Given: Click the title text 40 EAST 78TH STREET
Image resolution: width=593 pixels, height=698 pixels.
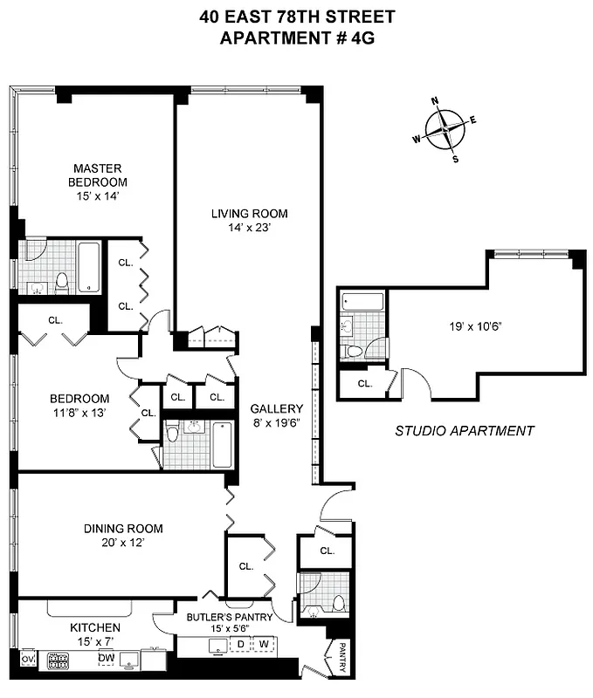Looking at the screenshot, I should pyautogui.click(x=296, y=17).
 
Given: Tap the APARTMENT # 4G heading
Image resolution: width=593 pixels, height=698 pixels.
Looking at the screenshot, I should pyautogui.click(x=296, y=38).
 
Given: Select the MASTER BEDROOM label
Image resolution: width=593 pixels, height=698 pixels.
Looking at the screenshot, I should pyautogui.click(x=98, y=174).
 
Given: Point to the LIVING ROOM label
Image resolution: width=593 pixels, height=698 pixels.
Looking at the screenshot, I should pyautogui.click(x=249, y=213).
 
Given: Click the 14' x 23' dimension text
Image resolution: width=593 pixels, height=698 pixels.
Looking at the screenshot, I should pyautogui.click(x=249, y=229).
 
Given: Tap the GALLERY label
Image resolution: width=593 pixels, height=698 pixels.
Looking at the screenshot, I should pyautogui.click(x=276, y=408).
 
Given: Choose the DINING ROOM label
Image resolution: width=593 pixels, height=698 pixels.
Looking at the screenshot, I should pyautogui.click(x=123, y=528).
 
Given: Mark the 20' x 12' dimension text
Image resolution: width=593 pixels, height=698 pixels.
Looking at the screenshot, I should pyautogui.click(x=123, y=543).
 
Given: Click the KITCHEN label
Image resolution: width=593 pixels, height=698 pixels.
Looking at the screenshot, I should pyautogui.click(x=95, y=627).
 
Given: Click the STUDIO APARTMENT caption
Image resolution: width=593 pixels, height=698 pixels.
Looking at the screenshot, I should pyautogui.click(x=464, y=430).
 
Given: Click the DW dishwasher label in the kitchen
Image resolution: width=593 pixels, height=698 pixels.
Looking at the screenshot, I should pyautogui.click(x=106, y=658).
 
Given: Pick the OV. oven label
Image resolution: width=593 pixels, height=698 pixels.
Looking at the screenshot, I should pyautogui.click(x=27, y=659).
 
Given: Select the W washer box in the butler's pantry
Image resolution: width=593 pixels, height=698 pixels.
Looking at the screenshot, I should pyautogui.click(x=262, y=645).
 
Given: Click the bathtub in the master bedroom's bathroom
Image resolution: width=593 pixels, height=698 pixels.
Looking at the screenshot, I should pyautogui.click(x=89, y=266).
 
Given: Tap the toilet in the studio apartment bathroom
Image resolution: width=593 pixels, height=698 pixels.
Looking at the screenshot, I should pyautogui.click(x=355, y=351).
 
